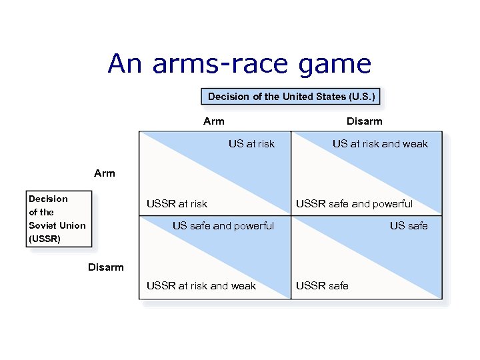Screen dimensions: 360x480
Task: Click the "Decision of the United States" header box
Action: tap(292, 97)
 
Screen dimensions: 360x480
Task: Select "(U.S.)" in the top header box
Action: tap(361, 97)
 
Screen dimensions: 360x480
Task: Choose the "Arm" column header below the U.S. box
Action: tap(214, 121)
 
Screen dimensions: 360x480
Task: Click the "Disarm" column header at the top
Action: tap(365, 121)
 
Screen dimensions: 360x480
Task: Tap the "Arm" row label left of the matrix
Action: tap(105, 173)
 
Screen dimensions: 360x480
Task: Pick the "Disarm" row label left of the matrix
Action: tap(106, 267)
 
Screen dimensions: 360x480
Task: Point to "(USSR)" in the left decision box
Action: tap(45, 239)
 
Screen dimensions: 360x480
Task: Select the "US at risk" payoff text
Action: tap(251, 144)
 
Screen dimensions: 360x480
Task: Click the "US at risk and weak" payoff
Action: tap(380, 144)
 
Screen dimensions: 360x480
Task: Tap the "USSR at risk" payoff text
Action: tap(177, 204)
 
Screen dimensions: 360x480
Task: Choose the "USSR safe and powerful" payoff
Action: tap(354, 204)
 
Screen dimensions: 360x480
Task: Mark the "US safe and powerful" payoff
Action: tap(223, 226)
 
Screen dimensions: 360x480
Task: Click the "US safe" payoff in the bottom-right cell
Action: tap(409, 226)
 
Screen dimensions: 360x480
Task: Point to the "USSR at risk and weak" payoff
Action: tap(201, 286)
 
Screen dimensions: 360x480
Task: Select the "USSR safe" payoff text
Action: tap(322, 286)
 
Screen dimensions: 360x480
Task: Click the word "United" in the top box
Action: tap(298, 97)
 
